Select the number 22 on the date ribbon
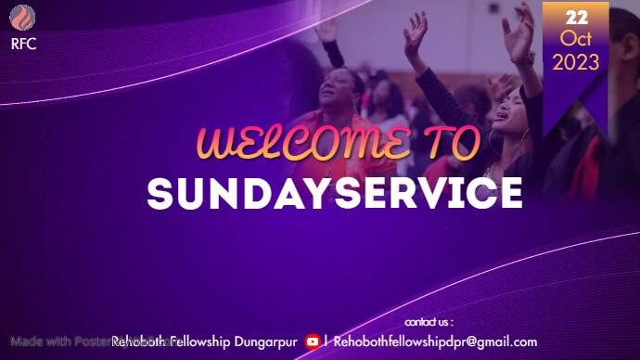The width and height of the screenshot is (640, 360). pyautogui.click(x=576, y=18)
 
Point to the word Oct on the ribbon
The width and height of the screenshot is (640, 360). pyautogui.click(x=576, y=38)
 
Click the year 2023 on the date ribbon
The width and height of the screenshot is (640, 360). pyautogui.click(x=576, y=62)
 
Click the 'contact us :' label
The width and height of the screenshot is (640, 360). pyautogui.click(x=429, y=322)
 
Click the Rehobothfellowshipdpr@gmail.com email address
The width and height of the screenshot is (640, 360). pyautogui.click(x=435, y=341)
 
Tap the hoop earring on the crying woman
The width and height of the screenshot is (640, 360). pyautogui.click(x=525, y=135)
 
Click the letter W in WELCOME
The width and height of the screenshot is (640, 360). pyautogui.click(x=216, y=145)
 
